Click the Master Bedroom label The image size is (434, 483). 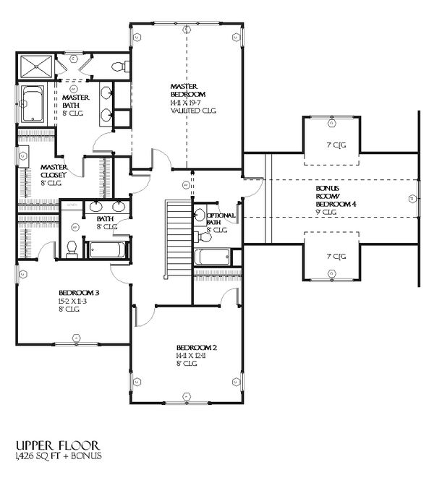[x=188, y=90]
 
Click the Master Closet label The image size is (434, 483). [x=54, y=171]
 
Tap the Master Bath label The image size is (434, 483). [x=75, y=102]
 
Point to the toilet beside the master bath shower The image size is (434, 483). [x=119, y=67]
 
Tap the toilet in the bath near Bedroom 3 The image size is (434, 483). [x=72, y=249]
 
